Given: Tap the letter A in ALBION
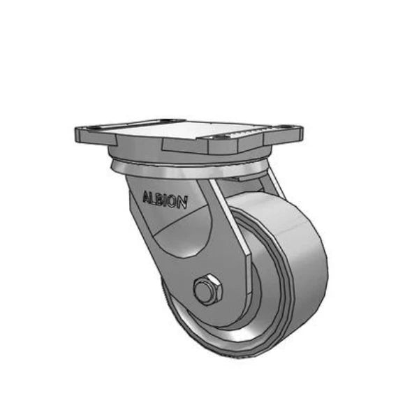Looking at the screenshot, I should pyautogui.click(x=145, y=196).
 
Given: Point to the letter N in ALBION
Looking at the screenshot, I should pyautogui.click(x=183, y=203).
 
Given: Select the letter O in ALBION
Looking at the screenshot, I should pyautogui.click(x=175, y=202).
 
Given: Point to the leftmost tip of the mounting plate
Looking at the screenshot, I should pyautogui.click(x=75, y=133).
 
